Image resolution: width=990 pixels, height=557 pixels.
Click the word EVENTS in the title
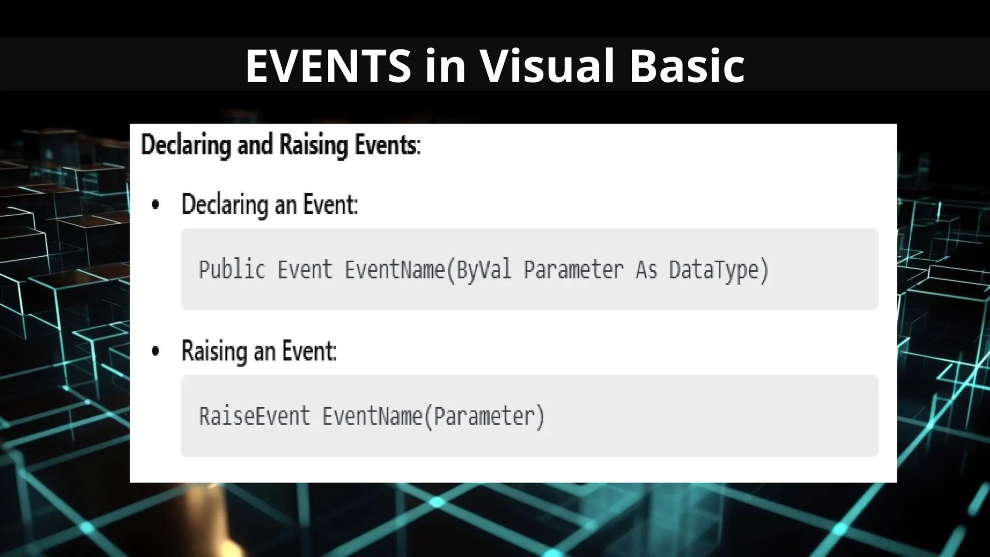(x=328, y=66)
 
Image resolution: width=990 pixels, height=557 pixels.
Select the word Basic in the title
(x=687, y=66)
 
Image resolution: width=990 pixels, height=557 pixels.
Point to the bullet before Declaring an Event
(x=155, y=205)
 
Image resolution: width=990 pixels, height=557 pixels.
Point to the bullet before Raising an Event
(x=155, y=351)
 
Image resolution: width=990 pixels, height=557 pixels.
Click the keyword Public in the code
(x=232, y=270)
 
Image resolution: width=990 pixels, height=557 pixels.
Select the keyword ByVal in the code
(x=484, y=270)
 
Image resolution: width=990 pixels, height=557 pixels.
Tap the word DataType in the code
(x=713, y=270)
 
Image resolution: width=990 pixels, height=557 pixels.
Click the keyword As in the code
(x=646, y=270)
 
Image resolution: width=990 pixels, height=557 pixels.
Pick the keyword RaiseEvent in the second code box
(x=254, y=416)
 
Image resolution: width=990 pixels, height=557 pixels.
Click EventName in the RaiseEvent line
(x=372, y=416)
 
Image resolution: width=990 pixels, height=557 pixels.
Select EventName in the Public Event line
(x=394, y=270)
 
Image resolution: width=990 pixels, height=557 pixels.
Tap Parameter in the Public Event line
(x=574, y=270)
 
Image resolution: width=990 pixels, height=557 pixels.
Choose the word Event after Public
(x=305, y=270)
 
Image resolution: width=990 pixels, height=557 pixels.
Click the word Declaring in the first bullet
(x=225, y=205)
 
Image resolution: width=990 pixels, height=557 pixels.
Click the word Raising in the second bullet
(x=214, y=351)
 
